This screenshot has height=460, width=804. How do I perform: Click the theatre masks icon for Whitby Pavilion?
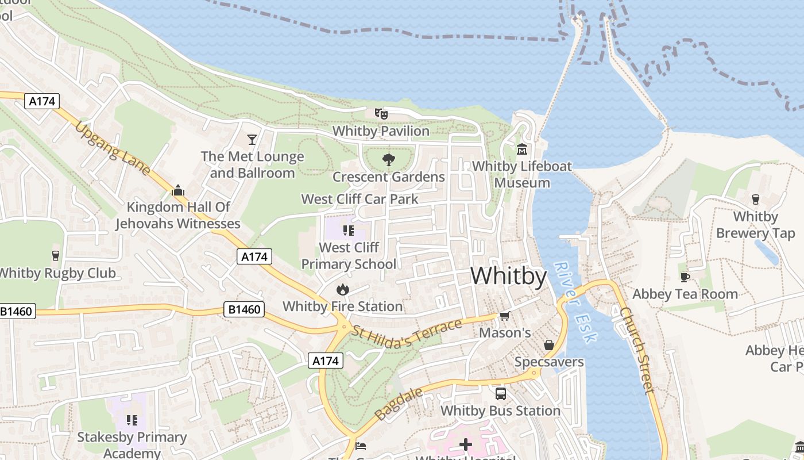(x=381, y=113)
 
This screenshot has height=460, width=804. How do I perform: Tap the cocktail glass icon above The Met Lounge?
(x=252, y=139)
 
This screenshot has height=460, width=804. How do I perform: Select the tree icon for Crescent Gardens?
(x=389, y=159)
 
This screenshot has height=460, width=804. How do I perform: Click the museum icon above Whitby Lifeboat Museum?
(x=522, y=149)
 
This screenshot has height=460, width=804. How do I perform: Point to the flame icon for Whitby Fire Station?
(x=343, y=289)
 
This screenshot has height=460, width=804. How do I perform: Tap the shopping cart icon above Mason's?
(x=505, y=316)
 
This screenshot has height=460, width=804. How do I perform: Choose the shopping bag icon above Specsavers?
(x=549, y=344)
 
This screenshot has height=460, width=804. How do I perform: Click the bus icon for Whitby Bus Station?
(x=500, y=393)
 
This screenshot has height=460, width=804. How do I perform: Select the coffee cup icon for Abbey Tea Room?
(x=685, y=277)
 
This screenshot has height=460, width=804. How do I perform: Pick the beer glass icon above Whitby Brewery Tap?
(x=755, y=199)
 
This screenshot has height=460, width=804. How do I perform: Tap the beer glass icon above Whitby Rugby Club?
(x=56, y=255)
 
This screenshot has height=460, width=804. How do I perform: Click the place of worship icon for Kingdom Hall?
(x=178, y=190)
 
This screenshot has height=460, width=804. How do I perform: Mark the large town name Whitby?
(x=509, y=276)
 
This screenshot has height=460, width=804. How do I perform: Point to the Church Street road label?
(x=637, y=351)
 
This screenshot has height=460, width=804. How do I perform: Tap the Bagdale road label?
(x=399, y=404)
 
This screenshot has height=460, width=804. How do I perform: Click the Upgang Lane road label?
(x=113, y=148)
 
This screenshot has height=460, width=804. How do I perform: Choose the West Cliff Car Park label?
(x=360, y=199)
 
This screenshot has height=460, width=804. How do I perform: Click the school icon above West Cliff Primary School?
(x=348, y=231)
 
